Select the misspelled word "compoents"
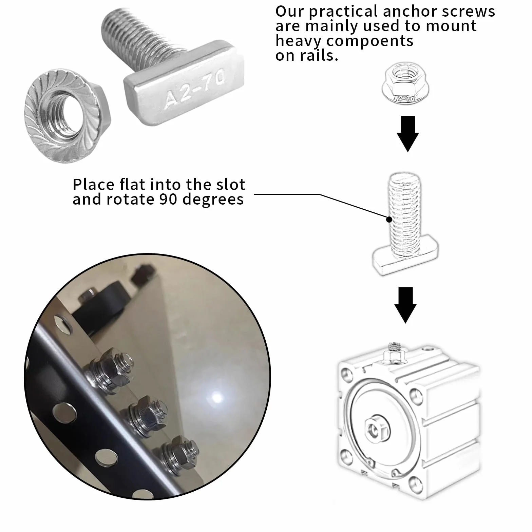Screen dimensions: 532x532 [x=369, y=41]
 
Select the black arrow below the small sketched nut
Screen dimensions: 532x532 [x=408, y=134]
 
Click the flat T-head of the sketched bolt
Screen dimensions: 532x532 [x=405, y=258]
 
